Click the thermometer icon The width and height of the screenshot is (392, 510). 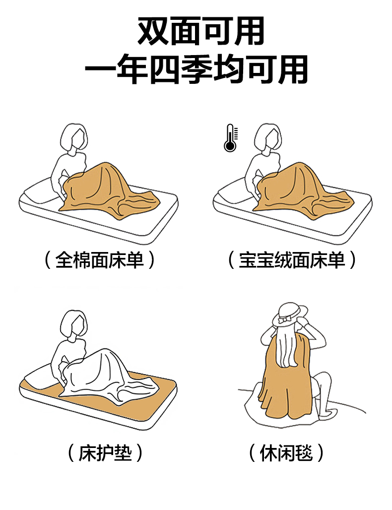[x=231, y=138]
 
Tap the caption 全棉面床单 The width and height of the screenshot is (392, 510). [x=100, y=260]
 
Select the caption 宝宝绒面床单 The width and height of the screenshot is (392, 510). [x=292, y=260]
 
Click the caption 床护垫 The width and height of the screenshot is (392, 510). [x=105, y=453]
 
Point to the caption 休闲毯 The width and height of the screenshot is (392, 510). [x=286, y=453]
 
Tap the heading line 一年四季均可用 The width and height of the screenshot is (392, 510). [x=196, y=69]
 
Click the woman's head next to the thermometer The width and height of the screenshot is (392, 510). [x=267, y=138]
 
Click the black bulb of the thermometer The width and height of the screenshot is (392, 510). [x=230, y=146]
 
